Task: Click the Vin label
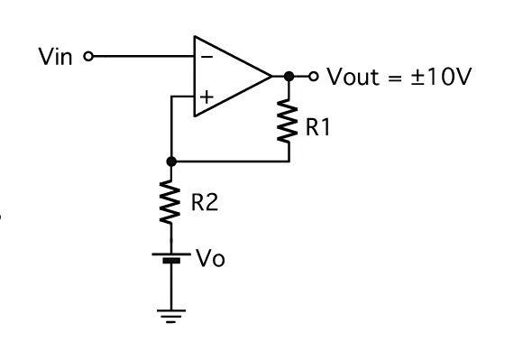coord(57,56)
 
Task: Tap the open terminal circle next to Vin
coord(87,56)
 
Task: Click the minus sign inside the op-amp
coord(207,57)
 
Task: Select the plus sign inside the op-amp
coord(207,94)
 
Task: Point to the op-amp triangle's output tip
coord(271,76)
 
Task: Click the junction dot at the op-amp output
coord(289,76)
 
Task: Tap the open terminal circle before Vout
coord(313,76)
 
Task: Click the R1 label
coord(318,128)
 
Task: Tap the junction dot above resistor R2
coord(170,162)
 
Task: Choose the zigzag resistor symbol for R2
coord(170,202)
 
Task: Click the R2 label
coord(204,203)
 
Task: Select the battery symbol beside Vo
coord(170,258)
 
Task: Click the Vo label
coord(210,259)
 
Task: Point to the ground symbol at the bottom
coord(170,315)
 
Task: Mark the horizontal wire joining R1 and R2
coord(230,162)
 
